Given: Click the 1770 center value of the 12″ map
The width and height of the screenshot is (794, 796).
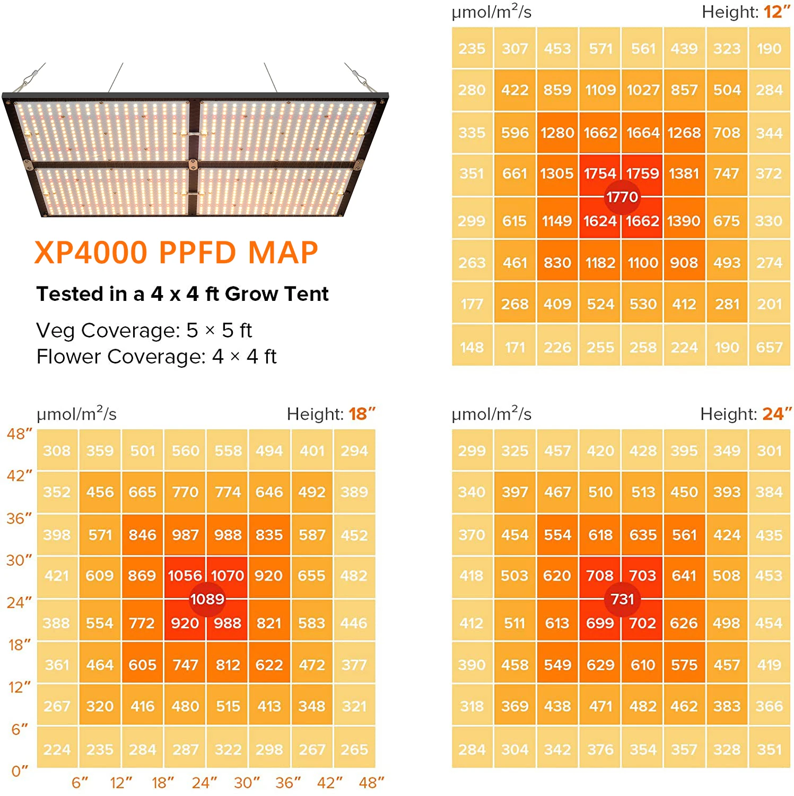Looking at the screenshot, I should [x=622, y=197].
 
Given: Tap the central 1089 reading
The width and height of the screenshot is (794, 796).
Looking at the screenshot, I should [x=207, y=599].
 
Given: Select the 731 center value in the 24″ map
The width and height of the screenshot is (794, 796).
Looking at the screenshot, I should [x=622, y=599].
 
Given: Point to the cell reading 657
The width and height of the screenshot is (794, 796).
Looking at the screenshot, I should [x=769, y=347].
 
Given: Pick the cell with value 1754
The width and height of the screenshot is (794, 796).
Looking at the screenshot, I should [x=600, y=174].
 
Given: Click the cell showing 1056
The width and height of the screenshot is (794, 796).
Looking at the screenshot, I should [x=185, y=576].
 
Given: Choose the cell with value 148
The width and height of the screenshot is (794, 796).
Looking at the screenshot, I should [x=472, y=347].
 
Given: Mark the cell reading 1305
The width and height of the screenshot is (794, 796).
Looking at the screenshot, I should [x=557, y=174].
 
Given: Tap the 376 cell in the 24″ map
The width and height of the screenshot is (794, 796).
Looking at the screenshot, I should [x=600, y=749].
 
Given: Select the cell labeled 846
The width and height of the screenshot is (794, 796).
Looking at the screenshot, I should [x=142, y=535].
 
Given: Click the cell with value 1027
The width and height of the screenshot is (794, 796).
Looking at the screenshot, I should [x=643, y=90].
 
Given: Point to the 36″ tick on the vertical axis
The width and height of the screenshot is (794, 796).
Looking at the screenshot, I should [x=19, y=518].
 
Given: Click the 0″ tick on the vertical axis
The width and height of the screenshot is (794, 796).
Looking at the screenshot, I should [x=19, y=771].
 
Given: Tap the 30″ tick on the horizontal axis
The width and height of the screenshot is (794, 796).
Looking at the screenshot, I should [x=247, y=783].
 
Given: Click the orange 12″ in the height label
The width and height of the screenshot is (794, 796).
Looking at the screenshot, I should [x=776, y=12].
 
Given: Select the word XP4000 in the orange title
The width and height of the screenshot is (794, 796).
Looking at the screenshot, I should [x=91, y=253].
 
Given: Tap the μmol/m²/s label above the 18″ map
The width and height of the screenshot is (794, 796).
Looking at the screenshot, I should [x=76, y=414].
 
